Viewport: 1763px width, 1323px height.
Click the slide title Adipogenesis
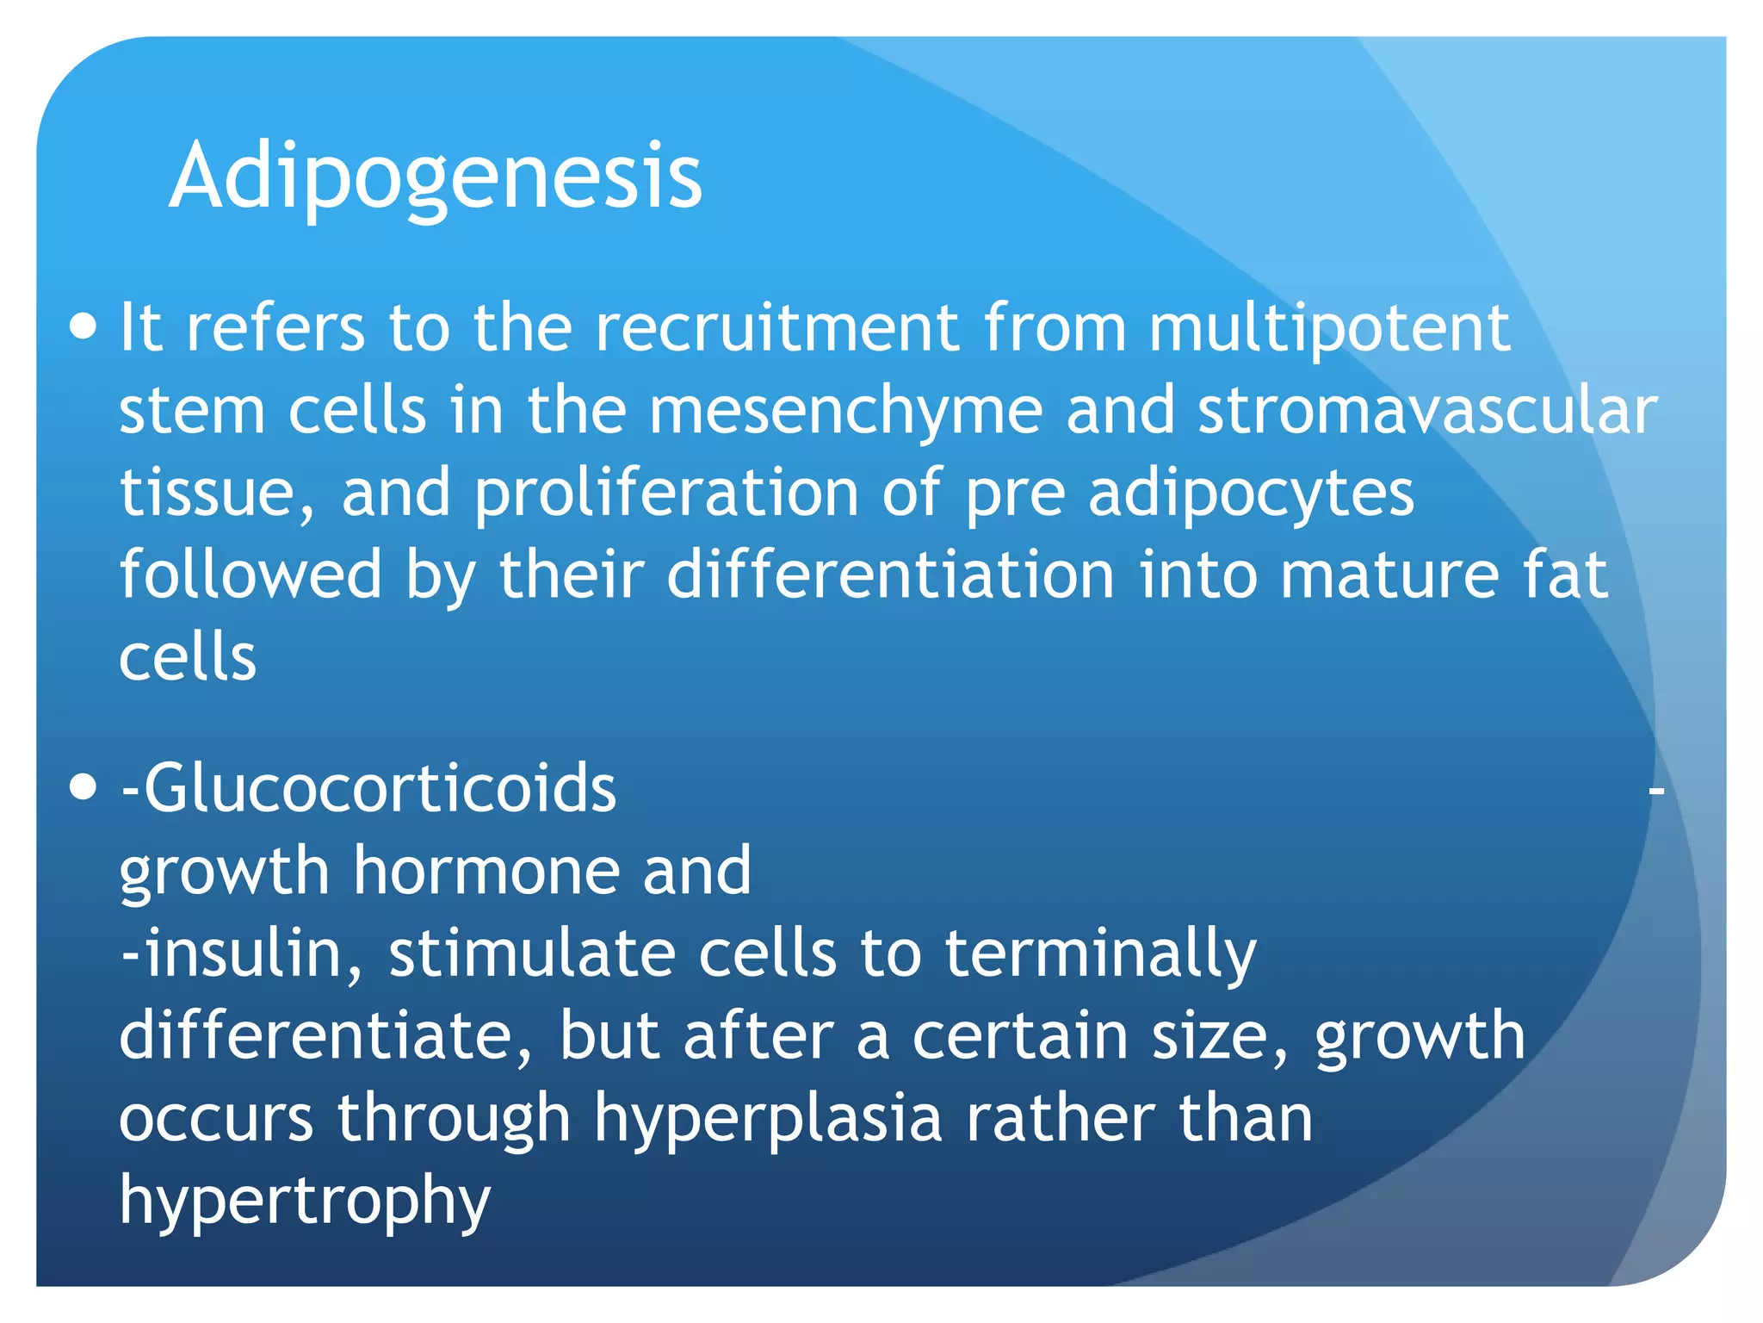pyautogui.click(x=436, y=177)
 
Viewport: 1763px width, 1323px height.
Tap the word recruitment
pyautogui.click(x=777, y=328)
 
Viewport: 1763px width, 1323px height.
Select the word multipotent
pyautogui.click(x=1329, y=328)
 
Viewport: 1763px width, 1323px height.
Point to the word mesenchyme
pyautogui.click(x=846, y=411)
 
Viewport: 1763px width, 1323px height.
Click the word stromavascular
pyautogui.click(x=1427, y=411)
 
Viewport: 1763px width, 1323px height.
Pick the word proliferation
pyautogui.click(x=666, y=494)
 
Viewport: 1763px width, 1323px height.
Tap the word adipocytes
pyautogui.click(x=1251, y=494)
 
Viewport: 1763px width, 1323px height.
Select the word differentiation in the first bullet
pyautogui.click(x=891, y=575)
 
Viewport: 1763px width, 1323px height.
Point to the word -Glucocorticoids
pyautogui.click(x=368, y=787)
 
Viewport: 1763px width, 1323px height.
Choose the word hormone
pyautogui.click(x=487, y=870)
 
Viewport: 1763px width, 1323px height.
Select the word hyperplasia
pyautogui.click(x=769, y=1118)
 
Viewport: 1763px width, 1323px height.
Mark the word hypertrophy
pyautogui.click(x=305, y=1201)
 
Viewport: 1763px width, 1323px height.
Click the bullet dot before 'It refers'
pyautogui.click(x=83, y=328)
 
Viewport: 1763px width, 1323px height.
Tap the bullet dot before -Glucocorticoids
pyautogui.click(x=83, y=787)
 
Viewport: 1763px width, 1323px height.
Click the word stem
pyautogui.click(x=192, y=411)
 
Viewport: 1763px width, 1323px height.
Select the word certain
pyautogui.click(x=1020, y=1035)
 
